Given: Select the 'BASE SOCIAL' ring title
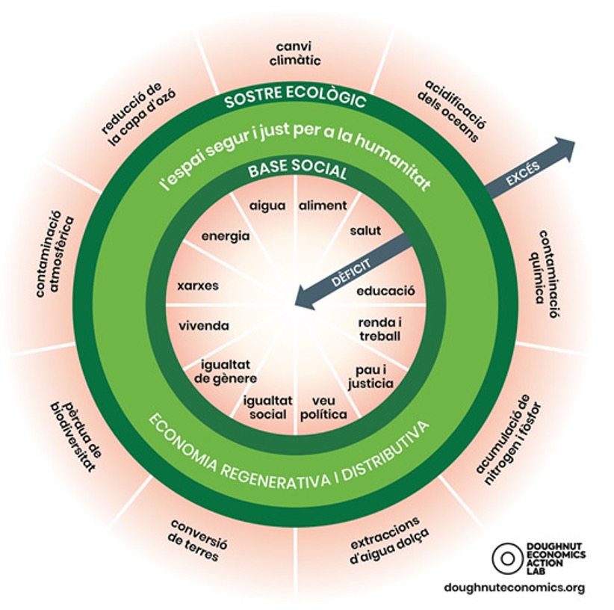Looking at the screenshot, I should point(297,171).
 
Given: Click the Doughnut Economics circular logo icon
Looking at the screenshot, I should point(506,558).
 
